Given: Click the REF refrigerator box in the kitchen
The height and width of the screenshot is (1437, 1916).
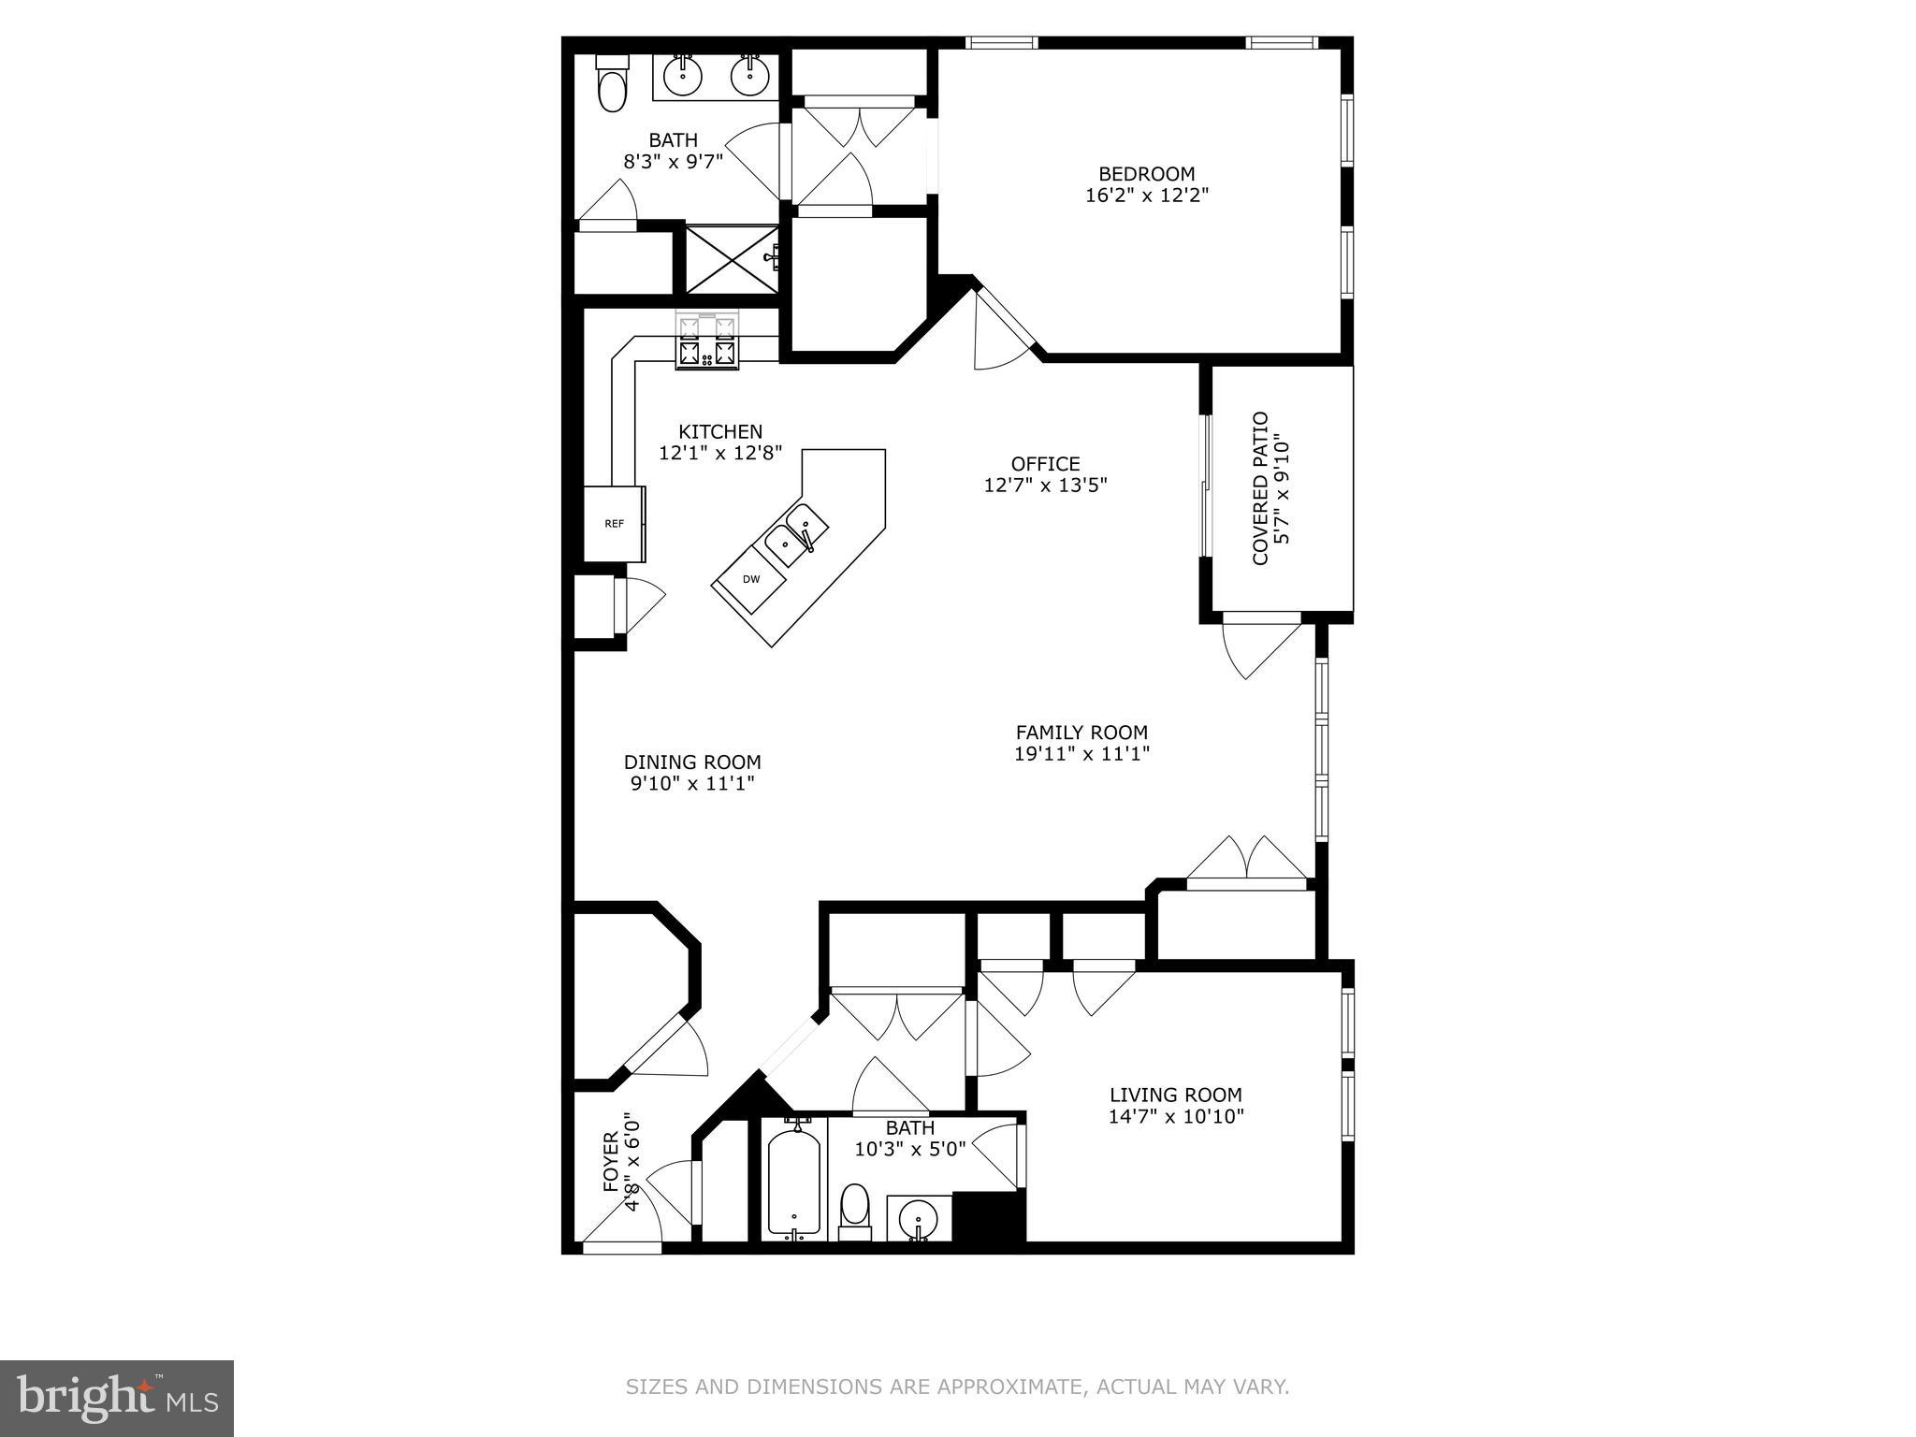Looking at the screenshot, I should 614,524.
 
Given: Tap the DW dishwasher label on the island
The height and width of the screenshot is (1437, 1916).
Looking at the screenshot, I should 751,579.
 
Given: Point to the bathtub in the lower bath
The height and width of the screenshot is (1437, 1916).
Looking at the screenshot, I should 794,1183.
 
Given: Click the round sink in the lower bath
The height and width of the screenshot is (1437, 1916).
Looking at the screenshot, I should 917,1220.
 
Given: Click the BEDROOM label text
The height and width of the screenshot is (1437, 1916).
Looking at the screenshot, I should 1146,174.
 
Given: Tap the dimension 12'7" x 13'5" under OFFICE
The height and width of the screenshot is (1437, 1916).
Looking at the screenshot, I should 1045,486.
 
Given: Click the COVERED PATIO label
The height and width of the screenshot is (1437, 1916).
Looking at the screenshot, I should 1260,488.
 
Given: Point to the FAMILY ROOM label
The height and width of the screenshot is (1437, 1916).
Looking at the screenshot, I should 1081,733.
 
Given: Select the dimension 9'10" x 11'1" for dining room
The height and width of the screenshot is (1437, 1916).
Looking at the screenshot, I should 692,784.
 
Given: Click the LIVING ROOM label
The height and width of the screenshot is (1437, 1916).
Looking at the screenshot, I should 1175,1095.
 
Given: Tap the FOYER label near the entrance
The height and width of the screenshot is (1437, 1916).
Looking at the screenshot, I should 610,1162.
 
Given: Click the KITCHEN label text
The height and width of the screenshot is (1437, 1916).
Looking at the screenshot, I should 719,431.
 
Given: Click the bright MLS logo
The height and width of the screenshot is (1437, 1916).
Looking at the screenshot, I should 117,1399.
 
